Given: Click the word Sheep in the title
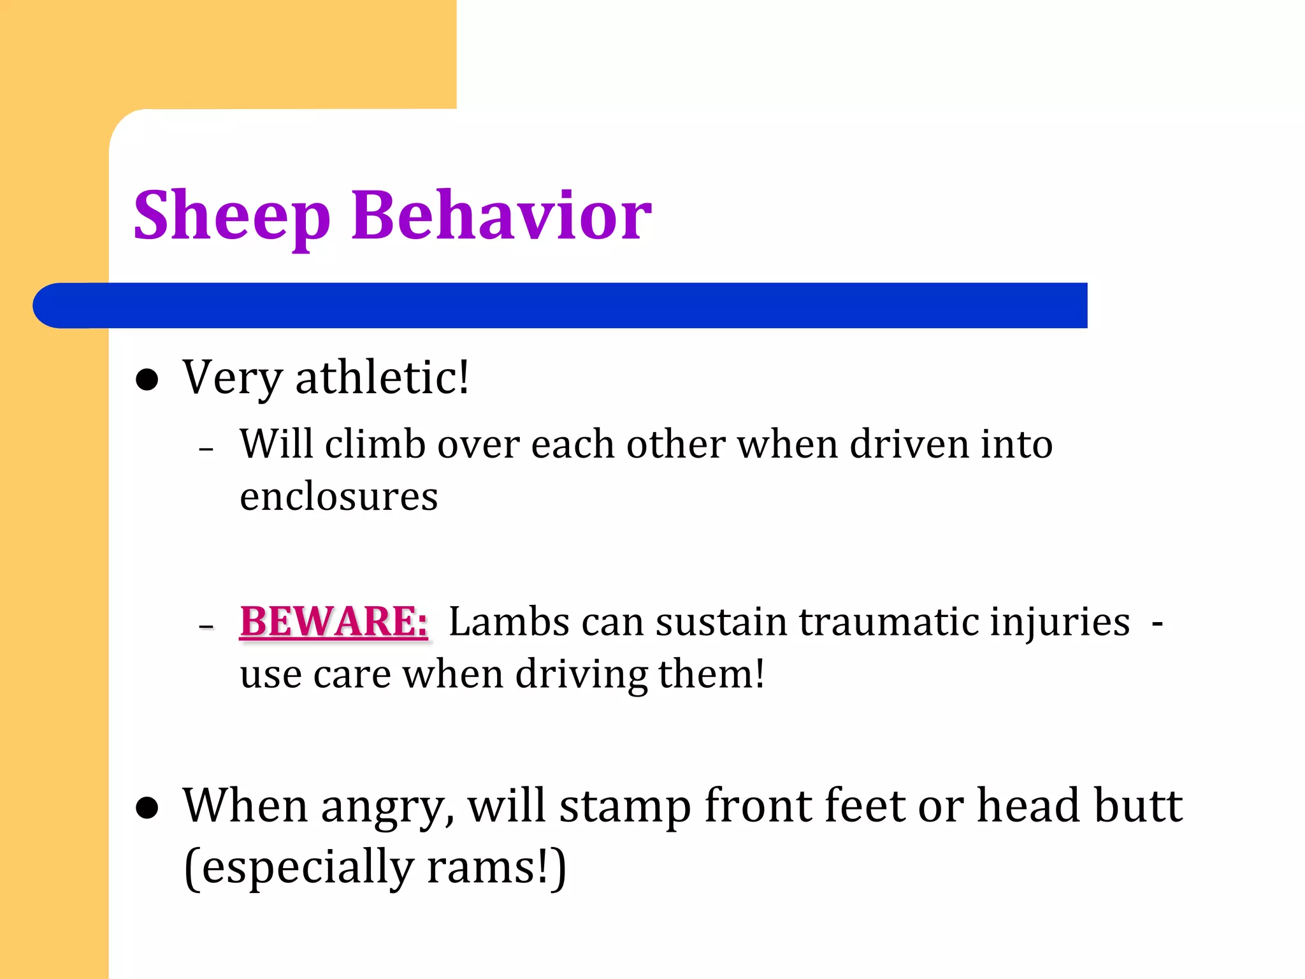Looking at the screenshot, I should [x=232, y=217].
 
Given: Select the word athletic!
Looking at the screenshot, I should [x=382, y=377].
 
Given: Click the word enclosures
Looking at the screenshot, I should [x=338, y=497].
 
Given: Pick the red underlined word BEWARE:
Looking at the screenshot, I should [x=333, y=621].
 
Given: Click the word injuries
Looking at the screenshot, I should [x=1060, y=623].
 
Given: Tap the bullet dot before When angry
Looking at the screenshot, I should [x=147, y=808].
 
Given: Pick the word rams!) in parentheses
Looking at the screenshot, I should [x=496, y=867].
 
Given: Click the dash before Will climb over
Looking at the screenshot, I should [x=206, y=449].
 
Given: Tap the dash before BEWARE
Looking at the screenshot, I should [x=206, y=627].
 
